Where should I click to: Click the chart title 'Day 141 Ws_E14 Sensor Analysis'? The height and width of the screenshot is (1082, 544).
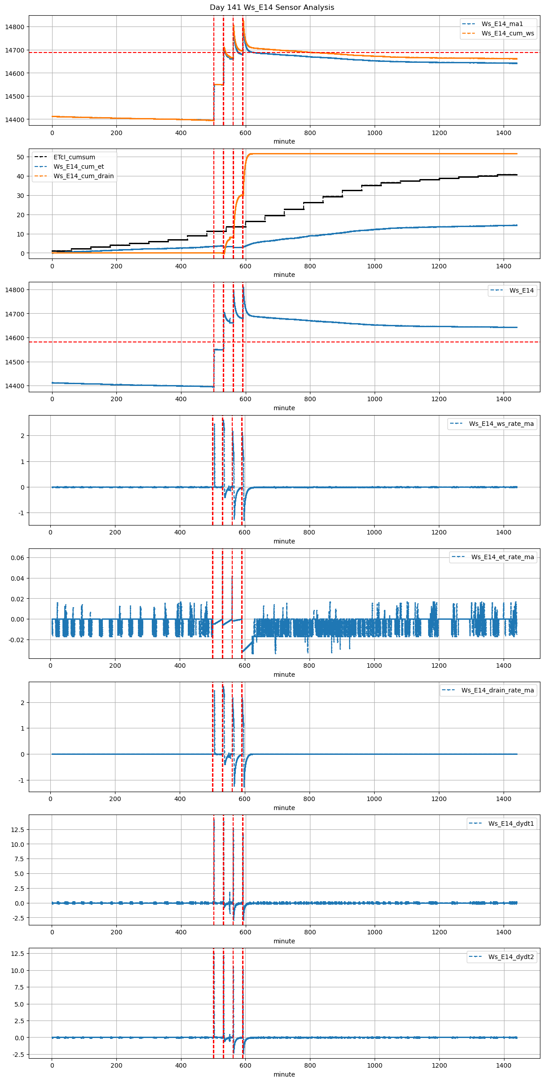(x=272, y=7)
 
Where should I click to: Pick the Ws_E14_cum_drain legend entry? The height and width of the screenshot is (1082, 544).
(x=84, y=176)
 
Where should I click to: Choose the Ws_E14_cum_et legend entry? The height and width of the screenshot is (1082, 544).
(x=79, y=166)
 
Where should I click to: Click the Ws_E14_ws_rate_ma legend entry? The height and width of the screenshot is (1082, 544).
(x=501, y=424)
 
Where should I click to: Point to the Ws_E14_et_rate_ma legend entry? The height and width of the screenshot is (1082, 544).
(x=502, y=557)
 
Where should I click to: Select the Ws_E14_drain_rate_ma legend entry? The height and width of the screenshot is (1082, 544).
(x=497, y=690)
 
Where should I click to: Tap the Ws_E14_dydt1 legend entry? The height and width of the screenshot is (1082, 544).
(x=511, y=824)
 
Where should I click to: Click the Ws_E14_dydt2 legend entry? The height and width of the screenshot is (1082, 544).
(x=511, y=957)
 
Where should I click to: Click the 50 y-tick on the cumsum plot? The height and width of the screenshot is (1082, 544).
(x=20, y=157)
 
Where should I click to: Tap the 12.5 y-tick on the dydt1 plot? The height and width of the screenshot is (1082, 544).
(x=18, y=830)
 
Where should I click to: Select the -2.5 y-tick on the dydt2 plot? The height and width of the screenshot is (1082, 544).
(x=18, y=1055)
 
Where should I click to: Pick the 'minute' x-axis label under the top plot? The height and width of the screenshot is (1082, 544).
(x=284, y=141)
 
